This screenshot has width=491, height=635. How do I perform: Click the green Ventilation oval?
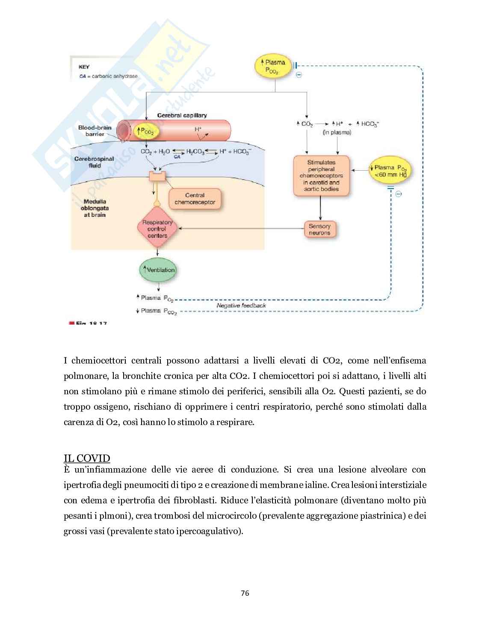[157, 270]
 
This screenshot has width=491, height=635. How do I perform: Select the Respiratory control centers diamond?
[157, 229]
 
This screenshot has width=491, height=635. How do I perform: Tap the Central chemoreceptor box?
[195, 199]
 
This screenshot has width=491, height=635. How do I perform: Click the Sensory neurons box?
[319, 230]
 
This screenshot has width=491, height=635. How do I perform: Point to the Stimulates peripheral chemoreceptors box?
[321, 176]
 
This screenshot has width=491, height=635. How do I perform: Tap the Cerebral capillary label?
[182, 115]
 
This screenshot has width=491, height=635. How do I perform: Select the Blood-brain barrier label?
[95, 131]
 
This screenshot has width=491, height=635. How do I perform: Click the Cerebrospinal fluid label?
[95, 162]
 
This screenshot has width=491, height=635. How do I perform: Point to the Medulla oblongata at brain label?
[95, 208]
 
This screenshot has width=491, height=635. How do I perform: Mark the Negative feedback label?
[241, 305]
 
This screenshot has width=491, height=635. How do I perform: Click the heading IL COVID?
[87, 458]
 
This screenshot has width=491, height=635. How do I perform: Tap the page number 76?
[245, 593]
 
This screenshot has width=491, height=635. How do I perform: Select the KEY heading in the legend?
[84, 67]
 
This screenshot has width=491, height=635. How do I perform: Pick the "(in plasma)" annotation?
[337, 133]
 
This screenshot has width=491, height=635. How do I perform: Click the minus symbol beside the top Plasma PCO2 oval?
[299, 75]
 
